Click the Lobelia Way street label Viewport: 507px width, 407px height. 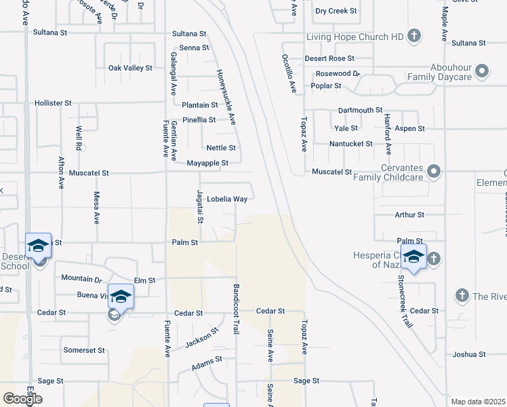pos(227,199)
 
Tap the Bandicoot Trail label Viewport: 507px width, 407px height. pos(237,309)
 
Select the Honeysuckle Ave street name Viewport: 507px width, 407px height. pos(226,98)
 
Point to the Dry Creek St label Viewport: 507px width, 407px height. pos(336,12)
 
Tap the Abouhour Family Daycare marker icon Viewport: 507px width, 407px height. pos(482,71)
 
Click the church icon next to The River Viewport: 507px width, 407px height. pos(462,295)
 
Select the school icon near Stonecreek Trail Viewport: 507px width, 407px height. pos(413,257)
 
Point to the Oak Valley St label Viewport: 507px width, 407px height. pos(130,68)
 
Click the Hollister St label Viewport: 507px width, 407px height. pos(53,103)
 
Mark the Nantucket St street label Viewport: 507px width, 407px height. pos(350,144)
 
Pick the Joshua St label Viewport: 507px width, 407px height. pos(469,355)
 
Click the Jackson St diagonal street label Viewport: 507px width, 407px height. pos(203,340)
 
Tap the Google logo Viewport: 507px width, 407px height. pos(22,398)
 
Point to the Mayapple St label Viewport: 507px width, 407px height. pos(208,163)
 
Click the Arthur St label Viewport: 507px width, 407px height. pos(409,215)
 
